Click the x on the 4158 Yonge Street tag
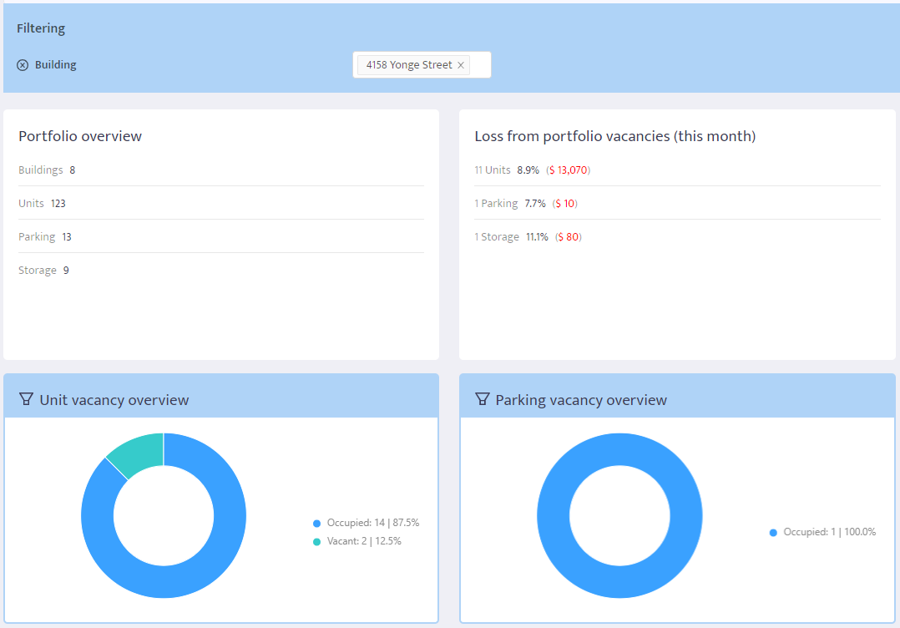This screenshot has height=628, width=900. (460, 65)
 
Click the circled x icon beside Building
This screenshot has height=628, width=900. (23, 65)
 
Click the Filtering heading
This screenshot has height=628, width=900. (41, 28)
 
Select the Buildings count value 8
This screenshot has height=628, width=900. (73, 170)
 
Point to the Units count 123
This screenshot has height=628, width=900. (58, 204)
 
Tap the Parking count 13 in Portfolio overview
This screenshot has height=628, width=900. (67, 237)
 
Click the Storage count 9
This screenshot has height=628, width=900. (66, 271)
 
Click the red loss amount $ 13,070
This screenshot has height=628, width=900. (569, 170)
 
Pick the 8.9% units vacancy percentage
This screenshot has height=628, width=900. (528, 170)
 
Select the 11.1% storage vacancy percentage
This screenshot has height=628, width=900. (537, 237)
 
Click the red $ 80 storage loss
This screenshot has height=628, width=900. (568, 237)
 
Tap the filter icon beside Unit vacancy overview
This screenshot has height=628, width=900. (26, 399)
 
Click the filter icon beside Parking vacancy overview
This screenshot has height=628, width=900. (482, 399)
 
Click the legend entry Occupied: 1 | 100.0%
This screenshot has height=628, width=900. (822, 532)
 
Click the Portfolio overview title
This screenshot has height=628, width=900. (80, 136)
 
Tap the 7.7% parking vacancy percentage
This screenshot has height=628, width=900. (535, 204)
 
